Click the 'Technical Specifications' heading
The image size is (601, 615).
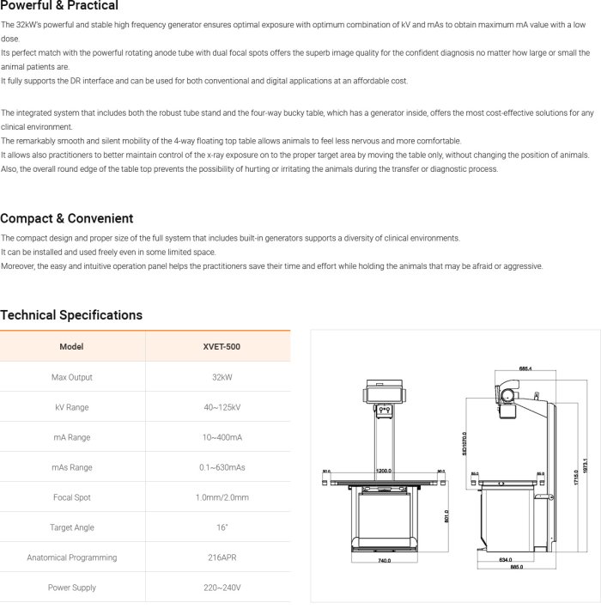click(71, 315)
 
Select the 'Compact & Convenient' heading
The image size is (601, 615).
click(67, 218)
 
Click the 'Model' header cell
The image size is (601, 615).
click(71, 347)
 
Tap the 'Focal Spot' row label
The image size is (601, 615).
click(71, 497)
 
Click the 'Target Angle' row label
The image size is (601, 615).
click(71, 527)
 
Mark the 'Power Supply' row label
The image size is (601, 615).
click(71, 588)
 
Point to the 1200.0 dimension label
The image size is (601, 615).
click(383, 472)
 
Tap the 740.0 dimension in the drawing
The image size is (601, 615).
click(384, 561)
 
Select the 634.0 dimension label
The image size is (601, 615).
click(506, 559)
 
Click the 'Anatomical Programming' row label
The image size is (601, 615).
click(71, 557)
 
